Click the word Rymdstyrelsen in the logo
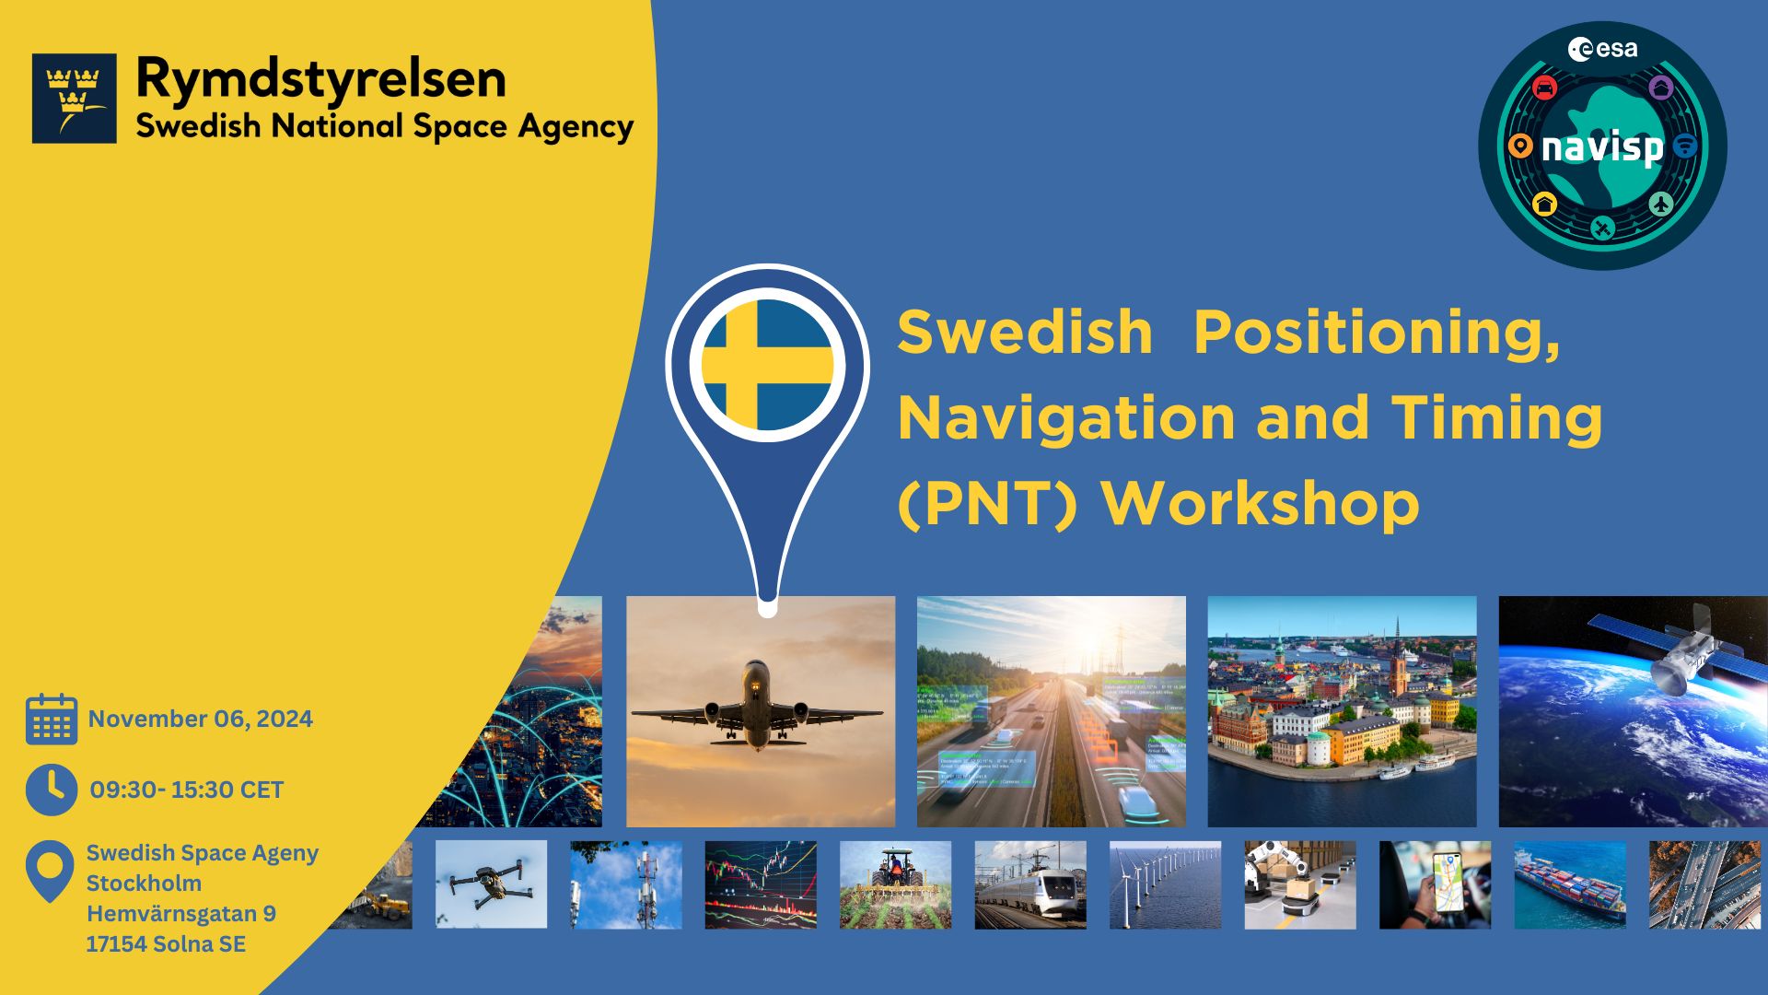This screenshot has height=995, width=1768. pos(320,79)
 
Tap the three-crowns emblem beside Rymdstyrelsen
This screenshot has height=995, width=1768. pos(75,98)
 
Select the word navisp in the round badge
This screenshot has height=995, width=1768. pos(1602,147)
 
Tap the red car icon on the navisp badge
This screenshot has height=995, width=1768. pos(1544,88)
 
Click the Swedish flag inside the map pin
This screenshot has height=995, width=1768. pos(767,364)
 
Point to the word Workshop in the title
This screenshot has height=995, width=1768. pos(1261,504)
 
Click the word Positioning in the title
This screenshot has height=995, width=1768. pos(1377,332)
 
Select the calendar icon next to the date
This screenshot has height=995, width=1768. pos(52,720)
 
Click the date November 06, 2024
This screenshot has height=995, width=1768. pos(201,719)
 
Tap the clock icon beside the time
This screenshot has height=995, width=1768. pos(52,790)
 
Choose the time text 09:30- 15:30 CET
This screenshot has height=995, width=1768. pos(187,790)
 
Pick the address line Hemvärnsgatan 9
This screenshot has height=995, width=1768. pos(181,913)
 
